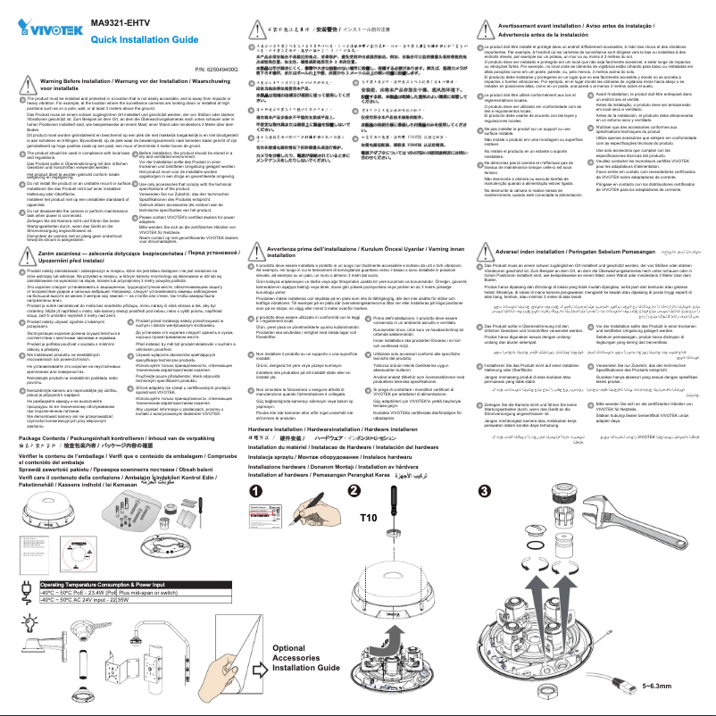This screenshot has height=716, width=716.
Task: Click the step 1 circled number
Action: tap(255, 492)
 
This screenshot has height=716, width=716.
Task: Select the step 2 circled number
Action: tap(354, 492)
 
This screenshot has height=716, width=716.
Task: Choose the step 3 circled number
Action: tap(484, 492)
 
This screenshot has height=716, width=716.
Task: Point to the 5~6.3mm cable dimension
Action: tap(656, 686)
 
